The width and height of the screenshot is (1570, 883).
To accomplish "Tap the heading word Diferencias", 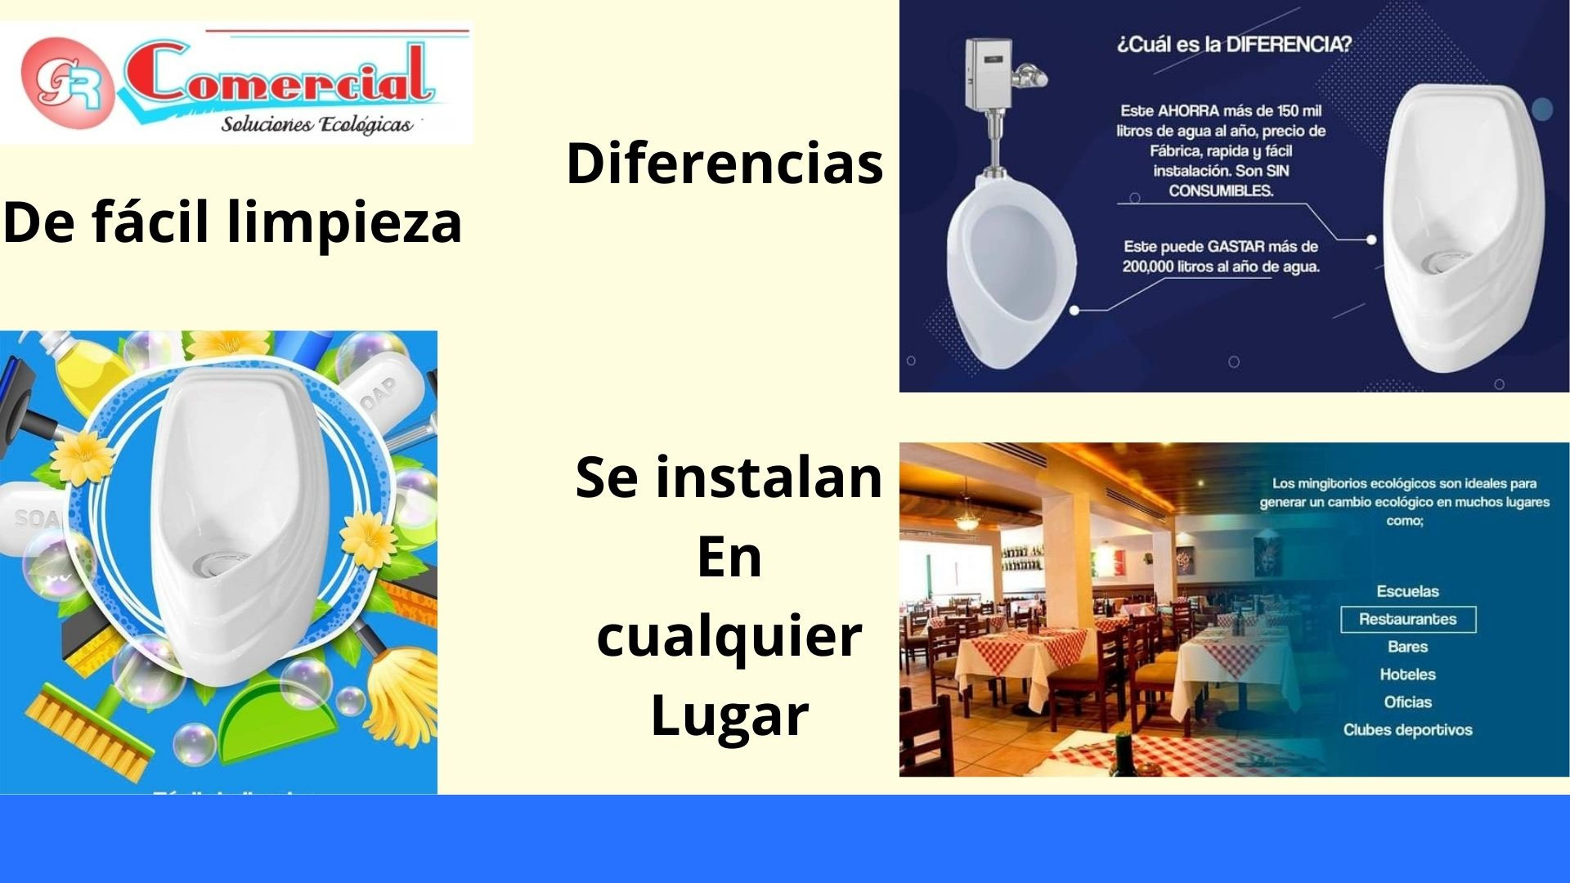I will click(724, 163).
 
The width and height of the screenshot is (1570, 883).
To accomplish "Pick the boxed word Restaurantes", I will click(1407, 620).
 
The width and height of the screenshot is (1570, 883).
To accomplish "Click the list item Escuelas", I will click(1407, 591).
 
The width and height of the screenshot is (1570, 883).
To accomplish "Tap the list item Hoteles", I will click(1407, 675).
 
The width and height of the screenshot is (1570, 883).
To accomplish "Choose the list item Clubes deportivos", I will click(1407, 730).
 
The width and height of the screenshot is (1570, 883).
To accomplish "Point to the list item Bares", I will click(1407, 647).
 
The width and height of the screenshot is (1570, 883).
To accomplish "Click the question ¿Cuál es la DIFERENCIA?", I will click(1234, 44).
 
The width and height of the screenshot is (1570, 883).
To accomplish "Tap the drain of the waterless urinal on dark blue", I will click(1438, 262).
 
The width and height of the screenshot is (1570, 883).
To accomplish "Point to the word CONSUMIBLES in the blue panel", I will click(1220, 191).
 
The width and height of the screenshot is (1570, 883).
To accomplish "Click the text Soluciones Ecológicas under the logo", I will click(316, 125).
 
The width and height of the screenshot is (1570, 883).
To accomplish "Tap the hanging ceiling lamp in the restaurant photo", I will click(967, 519).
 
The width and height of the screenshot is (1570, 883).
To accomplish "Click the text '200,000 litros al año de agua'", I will click(1220, 267).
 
